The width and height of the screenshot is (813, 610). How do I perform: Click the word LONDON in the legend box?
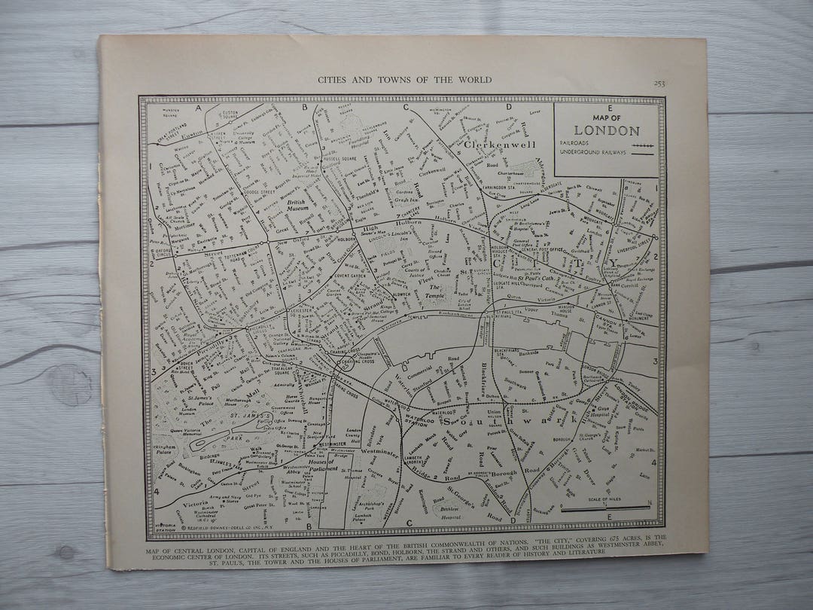coord(607,130)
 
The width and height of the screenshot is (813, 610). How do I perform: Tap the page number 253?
coord(659,83)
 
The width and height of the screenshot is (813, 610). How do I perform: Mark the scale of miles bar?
coord(606,508)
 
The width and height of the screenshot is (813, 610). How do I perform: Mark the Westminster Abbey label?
coord(294,471)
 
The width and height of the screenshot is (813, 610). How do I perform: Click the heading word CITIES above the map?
coord(335,79)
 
